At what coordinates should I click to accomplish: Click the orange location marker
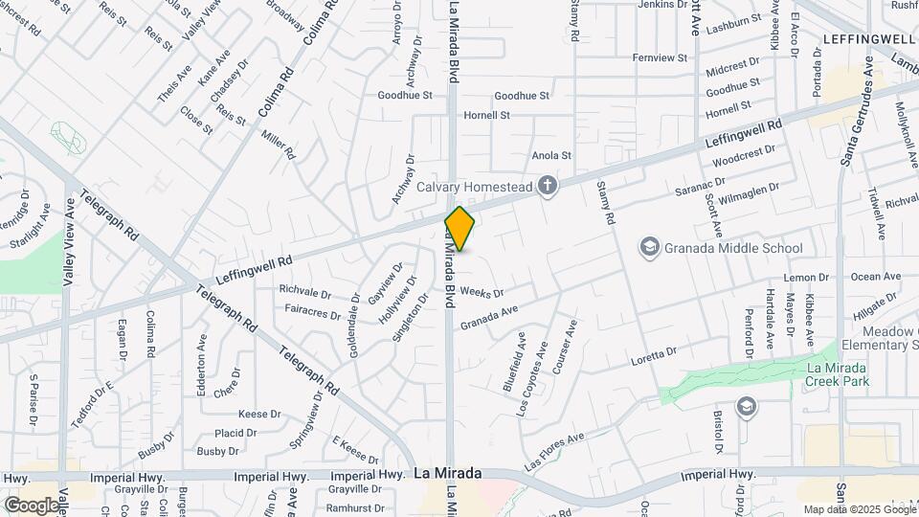[x=460, y=229]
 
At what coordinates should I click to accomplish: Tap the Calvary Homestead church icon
[x=548, y=185]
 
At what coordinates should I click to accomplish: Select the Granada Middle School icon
[x=651, y=248]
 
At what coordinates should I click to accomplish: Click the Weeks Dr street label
[x=481, y=291]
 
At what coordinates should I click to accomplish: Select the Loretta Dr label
[x=654, y=357]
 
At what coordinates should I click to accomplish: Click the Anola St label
[x=551, y=155]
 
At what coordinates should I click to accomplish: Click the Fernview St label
[x=661, y=57]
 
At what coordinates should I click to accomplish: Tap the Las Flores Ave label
[x=554, y=451]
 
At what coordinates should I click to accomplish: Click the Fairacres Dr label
[x=309, y=312]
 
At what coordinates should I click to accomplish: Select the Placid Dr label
[x=235, y=433]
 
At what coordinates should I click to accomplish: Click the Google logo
[x=32, y=505]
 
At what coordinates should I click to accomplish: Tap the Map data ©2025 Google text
[x=858, y=509]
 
